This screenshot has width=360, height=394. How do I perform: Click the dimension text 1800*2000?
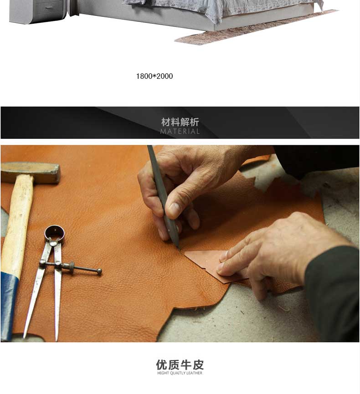[x=154, y=76]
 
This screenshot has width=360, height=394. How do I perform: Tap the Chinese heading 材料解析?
[x=180, y=122]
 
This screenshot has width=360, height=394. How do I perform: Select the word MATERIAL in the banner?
[x=180, y=131]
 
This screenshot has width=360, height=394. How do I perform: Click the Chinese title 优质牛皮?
[x=180, y=364]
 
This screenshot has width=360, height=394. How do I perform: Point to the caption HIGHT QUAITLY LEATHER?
[x=180, y=373]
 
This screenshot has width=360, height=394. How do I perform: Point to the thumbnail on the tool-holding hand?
[x=174, y=208]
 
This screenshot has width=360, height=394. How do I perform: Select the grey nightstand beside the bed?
[x=38, y=11]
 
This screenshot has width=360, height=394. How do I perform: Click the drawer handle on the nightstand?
[x=49, y=8]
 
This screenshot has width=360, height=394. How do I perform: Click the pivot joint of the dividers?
[x=53, y=242]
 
